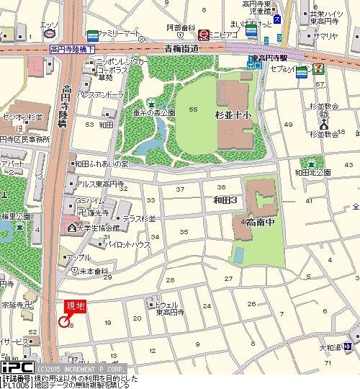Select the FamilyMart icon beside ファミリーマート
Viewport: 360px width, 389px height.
point(92,35)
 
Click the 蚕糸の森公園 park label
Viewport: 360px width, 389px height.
point(153,113)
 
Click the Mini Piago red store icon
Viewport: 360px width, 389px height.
point(204,32)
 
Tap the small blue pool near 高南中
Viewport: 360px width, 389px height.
point(239,254)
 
